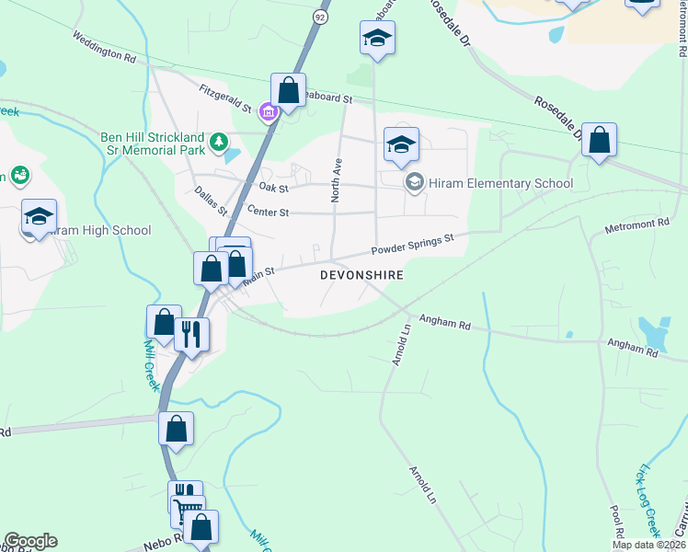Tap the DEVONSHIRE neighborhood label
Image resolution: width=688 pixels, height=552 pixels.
(x=361, y=275)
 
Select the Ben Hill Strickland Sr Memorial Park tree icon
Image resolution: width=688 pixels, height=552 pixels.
(x=219, y=141)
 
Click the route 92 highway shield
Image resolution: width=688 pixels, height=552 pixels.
(x=319, y=17)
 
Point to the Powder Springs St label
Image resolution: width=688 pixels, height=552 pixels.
(x=413, y=245)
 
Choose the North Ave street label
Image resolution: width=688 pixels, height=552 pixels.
(x=337, y=180)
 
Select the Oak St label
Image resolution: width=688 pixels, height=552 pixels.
(x=274, y=188)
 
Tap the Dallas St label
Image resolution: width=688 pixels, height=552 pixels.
(x=211, y=199)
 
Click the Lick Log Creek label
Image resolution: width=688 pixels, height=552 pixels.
(x=646, y=500)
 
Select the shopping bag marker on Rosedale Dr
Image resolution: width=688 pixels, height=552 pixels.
(x=599, y=142)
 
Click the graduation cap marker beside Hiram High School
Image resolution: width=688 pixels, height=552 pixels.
(x=39, y=217)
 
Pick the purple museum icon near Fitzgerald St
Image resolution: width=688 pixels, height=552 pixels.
(x=268, y=113)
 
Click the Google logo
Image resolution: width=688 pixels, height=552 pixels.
(x=30, y=541)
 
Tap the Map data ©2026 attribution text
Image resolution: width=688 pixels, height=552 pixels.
(x=648, y=545)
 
